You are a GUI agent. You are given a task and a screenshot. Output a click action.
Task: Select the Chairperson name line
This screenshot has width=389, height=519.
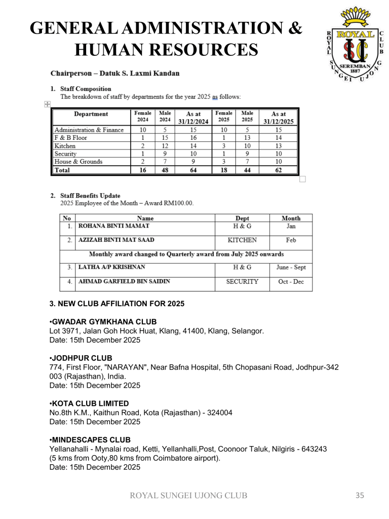pos(115,73)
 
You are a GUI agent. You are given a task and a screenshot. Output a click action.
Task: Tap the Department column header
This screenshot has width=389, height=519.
pos(91,114)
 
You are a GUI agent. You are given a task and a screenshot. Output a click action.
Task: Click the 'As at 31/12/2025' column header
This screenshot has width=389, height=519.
pos(278,118)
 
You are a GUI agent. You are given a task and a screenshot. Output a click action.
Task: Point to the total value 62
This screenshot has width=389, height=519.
pos(278,170)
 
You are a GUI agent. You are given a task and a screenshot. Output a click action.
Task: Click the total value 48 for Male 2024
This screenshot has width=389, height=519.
pos(165,170)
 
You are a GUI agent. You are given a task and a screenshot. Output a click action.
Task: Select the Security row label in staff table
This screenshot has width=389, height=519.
pos(65,154)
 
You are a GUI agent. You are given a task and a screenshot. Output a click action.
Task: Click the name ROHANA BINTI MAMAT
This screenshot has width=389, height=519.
pos(114,226)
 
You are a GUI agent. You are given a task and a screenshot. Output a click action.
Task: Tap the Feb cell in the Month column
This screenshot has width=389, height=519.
pos(291,240)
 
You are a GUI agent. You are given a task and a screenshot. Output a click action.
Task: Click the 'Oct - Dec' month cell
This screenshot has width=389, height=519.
pos(291,281)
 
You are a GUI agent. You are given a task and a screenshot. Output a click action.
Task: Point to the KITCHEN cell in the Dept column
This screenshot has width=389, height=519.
pos(242,240)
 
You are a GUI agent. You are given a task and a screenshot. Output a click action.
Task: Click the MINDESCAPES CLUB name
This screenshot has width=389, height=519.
pos(91,439)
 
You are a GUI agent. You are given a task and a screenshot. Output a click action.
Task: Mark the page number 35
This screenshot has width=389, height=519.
pos(359,496)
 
